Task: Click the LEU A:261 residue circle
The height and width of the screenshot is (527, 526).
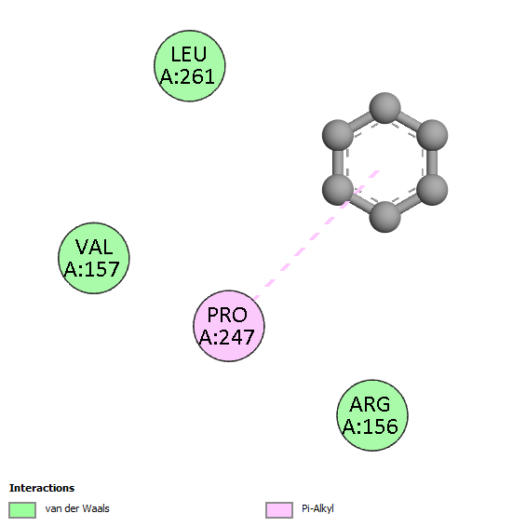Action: point(190,66)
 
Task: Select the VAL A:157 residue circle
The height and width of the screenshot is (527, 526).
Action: point(94,258)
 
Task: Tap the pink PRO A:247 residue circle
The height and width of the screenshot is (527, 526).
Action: point(229,326)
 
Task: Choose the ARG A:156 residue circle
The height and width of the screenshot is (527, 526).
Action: point(372,415)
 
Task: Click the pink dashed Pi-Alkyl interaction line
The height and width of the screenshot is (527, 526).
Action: point(317,235)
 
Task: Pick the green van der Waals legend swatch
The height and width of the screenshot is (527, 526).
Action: point(22,510)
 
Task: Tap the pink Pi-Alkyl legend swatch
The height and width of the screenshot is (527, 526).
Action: point(279,510)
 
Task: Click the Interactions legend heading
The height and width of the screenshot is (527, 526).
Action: point(42,488)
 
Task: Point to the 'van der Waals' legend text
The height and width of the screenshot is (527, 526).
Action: point(77,508)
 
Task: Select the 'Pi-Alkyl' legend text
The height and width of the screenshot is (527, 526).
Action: point(317,509)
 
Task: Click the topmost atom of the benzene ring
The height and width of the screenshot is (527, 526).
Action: point(384,108)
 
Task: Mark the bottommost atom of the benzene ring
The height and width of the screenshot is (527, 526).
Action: point(384,217)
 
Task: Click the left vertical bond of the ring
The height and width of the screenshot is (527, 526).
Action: point(338,162)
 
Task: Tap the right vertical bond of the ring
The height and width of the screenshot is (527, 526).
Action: point(432,162)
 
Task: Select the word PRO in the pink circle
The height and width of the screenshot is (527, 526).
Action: point(227,315)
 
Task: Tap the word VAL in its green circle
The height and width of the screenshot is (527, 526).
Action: point(94,247)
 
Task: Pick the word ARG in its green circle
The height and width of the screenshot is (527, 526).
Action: point(370,404)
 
